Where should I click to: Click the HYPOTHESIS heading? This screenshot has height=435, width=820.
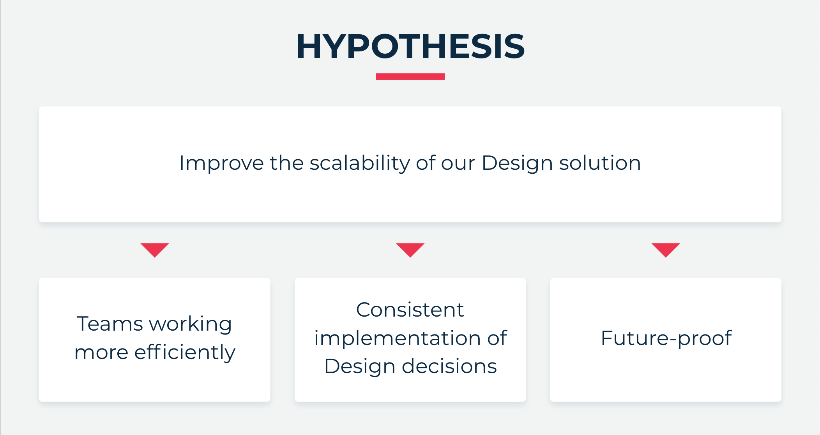[x=410, y=46]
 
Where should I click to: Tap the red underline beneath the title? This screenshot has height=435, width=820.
[x=410, y=77]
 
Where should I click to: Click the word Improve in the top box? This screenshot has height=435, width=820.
[x=221, y=163]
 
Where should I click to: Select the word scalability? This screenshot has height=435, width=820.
[x=359, y=163]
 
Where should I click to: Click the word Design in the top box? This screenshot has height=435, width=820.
[x=517, y=163]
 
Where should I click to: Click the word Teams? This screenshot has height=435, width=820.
[x=110, y=324]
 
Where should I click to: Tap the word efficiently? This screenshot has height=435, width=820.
[x=185, y=352]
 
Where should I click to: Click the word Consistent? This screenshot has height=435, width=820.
[x=410, y=310]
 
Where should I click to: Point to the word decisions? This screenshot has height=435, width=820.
[x=449, y=366]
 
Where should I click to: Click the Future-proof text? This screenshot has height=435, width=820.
[x=666, y=338]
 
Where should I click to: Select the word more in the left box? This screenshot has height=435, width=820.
[x=101, y=353]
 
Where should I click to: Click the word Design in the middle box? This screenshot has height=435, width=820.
[x=360, y=367]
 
